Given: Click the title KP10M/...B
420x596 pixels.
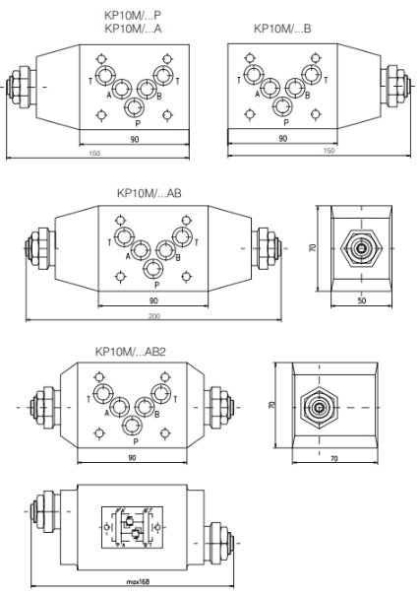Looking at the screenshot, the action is click(282, 29).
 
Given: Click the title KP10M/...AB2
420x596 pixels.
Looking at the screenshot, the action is click(130, 352).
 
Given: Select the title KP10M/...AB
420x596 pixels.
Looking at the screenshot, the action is click(150, 193).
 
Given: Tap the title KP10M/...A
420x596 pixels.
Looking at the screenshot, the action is click(133, 29).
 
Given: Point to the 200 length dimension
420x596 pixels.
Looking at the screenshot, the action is click(154, 316).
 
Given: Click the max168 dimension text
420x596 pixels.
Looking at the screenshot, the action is click(138, 581).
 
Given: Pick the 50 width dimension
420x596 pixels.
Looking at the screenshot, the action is click(362, 300).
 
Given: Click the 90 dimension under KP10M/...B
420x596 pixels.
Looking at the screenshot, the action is click(283, 138).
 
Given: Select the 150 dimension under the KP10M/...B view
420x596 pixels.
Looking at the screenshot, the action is click(329, 151).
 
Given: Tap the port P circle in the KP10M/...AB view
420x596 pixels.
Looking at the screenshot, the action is click(152, 269).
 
